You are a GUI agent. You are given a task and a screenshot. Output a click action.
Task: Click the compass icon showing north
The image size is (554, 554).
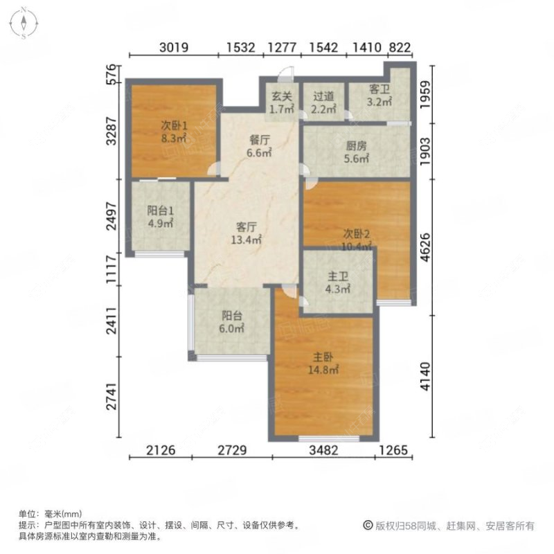(23, 23)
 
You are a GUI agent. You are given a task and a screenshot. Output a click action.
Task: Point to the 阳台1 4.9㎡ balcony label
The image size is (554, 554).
(159, 217)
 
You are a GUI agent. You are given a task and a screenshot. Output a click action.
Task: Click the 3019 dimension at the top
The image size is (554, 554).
(174, 48)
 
